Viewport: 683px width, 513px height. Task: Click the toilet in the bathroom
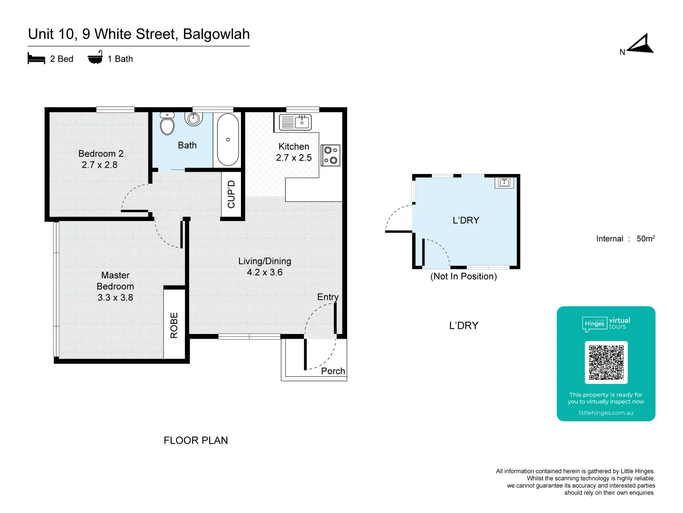tap(167, 124)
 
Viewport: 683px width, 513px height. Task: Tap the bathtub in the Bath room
tap(228, 139)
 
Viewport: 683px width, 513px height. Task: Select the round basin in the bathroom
tap(194, 118)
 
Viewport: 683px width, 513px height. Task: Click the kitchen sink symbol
tap(295, 122)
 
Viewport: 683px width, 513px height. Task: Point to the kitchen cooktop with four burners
tap(331, 155)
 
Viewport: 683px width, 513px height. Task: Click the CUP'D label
tap(231, 194)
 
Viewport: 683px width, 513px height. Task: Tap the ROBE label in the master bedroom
tap(174, 325)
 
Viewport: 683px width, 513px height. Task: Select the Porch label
tap(333, 371)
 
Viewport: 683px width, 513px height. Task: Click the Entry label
tap(328, 297)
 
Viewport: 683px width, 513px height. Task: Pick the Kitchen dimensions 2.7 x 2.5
tap(294, 158)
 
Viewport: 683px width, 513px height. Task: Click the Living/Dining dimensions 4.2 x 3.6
tap(265, 272)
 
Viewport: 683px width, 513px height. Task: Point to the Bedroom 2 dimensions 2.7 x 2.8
tap(100, 165)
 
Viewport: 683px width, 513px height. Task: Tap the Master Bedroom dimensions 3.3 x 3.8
tap(115, 297)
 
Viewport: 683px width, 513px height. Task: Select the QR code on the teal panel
tap(606, 362)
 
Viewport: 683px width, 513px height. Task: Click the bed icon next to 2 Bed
tap(37, 58)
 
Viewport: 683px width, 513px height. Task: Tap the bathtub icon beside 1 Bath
tap(95, 58)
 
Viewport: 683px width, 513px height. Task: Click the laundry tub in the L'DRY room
tap(504, 183)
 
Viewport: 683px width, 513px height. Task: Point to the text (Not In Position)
tap(463, 276)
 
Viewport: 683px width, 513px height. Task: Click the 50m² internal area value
tap(646, 238)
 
